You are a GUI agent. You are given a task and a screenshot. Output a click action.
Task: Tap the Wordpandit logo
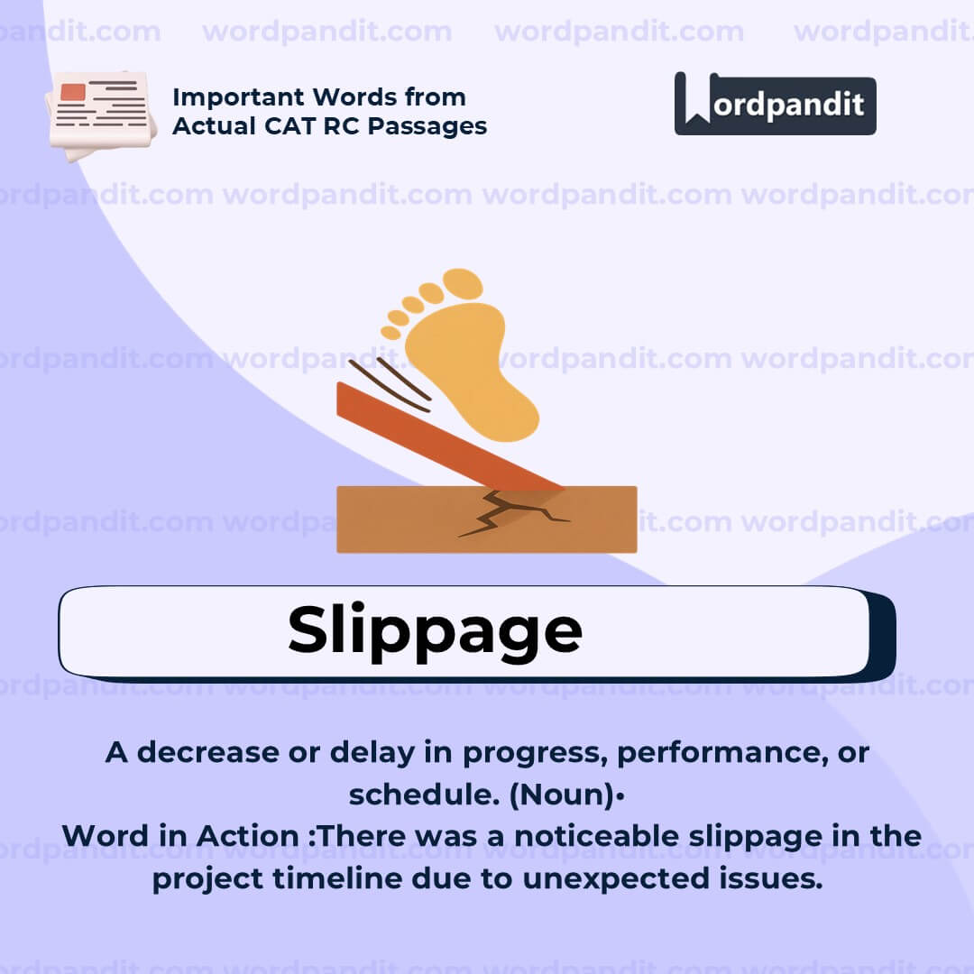tap(776, 104)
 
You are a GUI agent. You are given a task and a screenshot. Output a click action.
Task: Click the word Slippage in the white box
tap(435, 631)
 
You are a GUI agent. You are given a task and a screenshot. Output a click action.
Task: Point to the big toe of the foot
tap(463, 283)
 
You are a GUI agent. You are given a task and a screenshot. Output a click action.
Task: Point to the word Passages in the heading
tap(427, 127)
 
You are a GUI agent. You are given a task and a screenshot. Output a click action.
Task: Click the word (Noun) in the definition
tap(562, 795)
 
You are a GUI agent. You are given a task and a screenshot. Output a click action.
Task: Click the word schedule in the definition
tap(424, 794)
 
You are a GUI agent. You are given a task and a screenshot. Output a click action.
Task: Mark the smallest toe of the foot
tap(391, 332)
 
